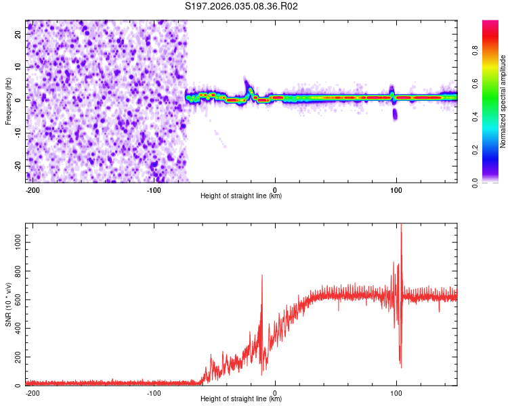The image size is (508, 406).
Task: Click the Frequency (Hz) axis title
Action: point(8,101)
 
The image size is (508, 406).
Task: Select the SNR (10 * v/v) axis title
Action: point(8,304)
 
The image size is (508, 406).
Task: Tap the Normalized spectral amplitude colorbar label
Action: point(503,101)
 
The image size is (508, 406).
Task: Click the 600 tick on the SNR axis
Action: point(16,299)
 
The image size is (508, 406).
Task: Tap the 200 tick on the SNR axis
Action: point(16,357)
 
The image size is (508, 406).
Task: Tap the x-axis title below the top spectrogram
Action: point(241,196)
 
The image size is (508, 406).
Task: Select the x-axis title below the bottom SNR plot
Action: point(241,399)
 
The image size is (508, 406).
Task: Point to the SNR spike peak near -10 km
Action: point(261,275)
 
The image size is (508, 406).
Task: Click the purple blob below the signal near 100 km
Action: point(395,114)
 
